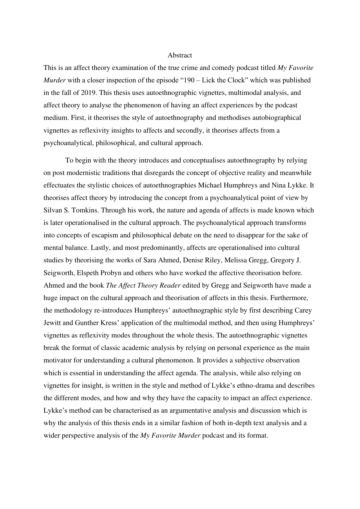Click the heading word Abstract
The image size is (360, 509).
point(180,55)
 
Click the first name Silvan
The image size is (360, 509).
point(52,210)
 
